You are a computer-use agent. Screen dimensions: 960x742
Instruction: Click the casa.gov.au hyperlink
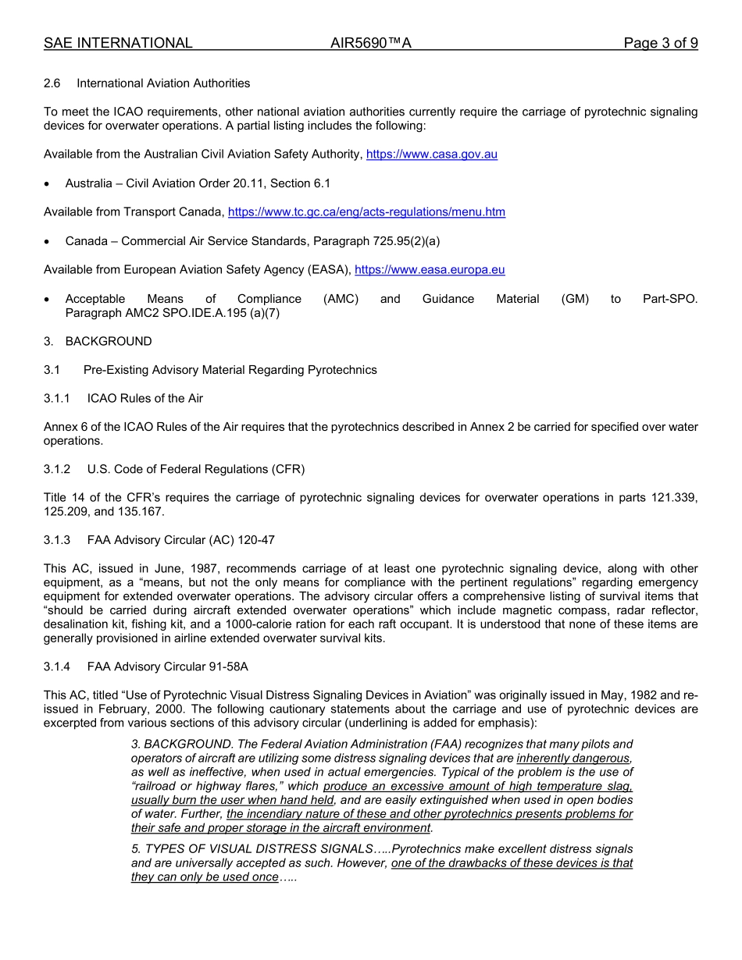(x=431, y=155)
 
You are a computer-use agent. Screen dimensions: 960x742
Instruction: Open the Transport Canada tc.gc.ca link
(x=366, y=212)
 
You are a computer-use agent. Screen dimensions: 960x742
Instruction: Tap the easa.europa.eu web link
(x=430, y=270)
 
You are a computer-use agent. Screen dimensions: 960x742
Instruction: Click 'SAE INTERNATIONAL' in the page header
(x=118, y=44)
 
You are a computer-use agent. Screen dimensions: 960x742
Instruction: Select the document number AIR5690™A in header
(x=371, y=44)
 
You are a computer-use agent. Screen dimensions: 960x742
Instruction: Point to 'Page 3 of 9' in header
(x=660, y=44)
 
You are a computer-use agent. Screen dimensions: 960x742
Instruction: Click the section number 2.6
(x=52, y=84)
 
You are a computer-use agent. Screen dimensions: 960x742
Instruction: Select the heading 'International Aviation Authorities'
(x=163, y=84)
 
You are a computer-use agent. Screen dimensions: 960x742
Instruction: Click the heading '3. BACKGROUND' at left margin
(x=98, y=342)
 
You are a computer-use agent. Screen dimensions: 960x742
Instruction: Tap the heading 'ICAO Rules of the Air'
(x=145, y=399)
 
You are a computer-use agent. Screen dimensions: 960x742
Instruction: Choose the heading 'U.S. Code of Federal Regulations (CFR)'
(x=196, y=470)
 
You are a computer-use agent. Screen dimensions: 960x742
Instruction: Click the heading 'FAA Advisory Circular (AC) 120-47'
(x=181, y=540)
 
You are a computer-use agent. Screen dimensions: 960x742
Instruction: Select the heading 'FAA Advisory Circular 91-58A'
(x=168, y=667)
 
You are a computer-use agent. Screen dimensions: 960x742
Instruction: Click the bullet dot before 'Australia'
(x=48, y=184)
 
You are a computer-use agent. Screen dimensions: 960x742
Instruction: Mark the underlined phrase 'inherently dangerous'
(x=573, y=759)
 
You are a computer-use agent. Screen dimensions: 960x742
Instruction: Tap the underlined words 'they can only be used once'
(x=204, y=877)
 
